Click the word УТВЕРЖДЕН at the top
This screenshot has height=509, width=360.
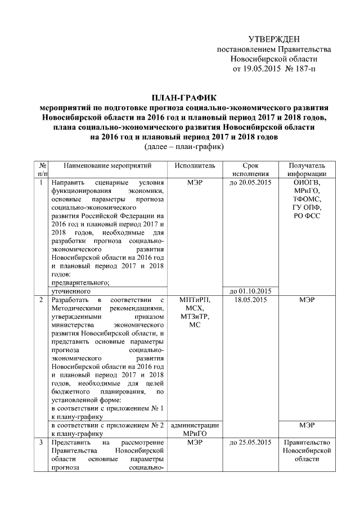click(x=274, y=39)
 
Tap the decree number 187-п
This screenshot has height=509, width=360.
click(x=304, y=69)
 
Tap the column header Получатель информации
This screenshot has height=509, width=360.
click(x=307, y=170)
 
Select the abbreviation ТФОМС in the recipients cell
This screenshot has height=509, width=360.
click(x=307, y=199)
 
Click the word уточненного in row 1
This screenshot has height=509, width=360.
click(x=71, y=291)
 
